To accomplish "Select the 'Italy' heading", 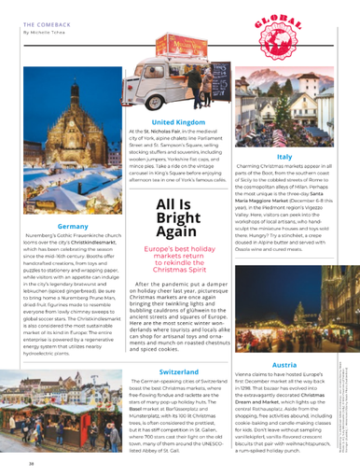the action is point(284,158).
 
